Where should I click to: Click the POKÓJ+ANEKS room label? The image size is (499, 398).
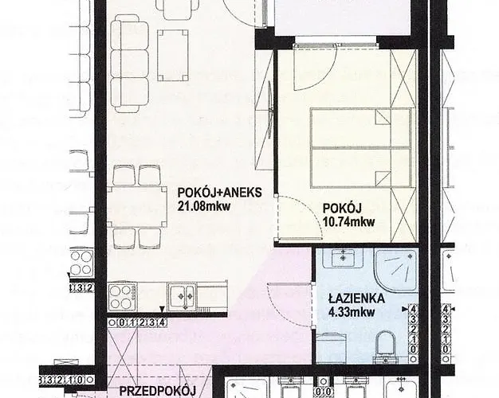point(219,193)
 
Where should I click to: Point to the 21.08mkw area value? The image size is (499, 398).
point(204,207)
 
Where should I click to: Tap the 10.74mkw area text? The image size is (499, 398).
point(349,221)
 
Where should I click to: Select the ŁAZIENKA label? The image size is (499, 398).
point(356,298)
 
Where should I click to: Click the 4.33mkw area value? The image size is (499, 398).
point(352,313)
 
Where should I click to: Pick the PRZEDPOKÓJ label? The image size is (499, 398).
point(157,391)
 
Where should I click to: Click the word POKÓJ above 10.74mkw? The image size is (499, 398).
point(342,209)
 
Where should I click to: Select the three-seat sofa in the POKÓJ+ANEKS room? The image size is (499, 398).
point(129,66)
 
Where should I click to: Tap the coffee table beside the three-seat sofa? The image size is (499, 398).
point(173,55)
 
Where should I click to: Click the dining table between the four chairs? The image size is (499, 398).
point(137,207)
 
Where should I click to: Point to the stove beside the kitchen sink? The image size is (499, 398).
point(123,298)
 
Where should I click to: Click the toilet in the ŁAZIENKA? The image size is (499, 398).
point(385,345)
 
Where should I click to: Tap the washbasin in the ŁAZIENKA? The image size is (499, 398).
point(343,258)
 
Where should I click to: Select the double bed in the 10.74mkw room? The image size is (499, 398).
point(360,147)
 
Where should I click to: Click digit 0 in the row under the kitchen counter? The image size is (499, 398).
point(122,323)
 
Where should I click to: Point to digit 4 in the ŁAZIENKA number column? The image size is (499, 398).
point(414,309)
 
